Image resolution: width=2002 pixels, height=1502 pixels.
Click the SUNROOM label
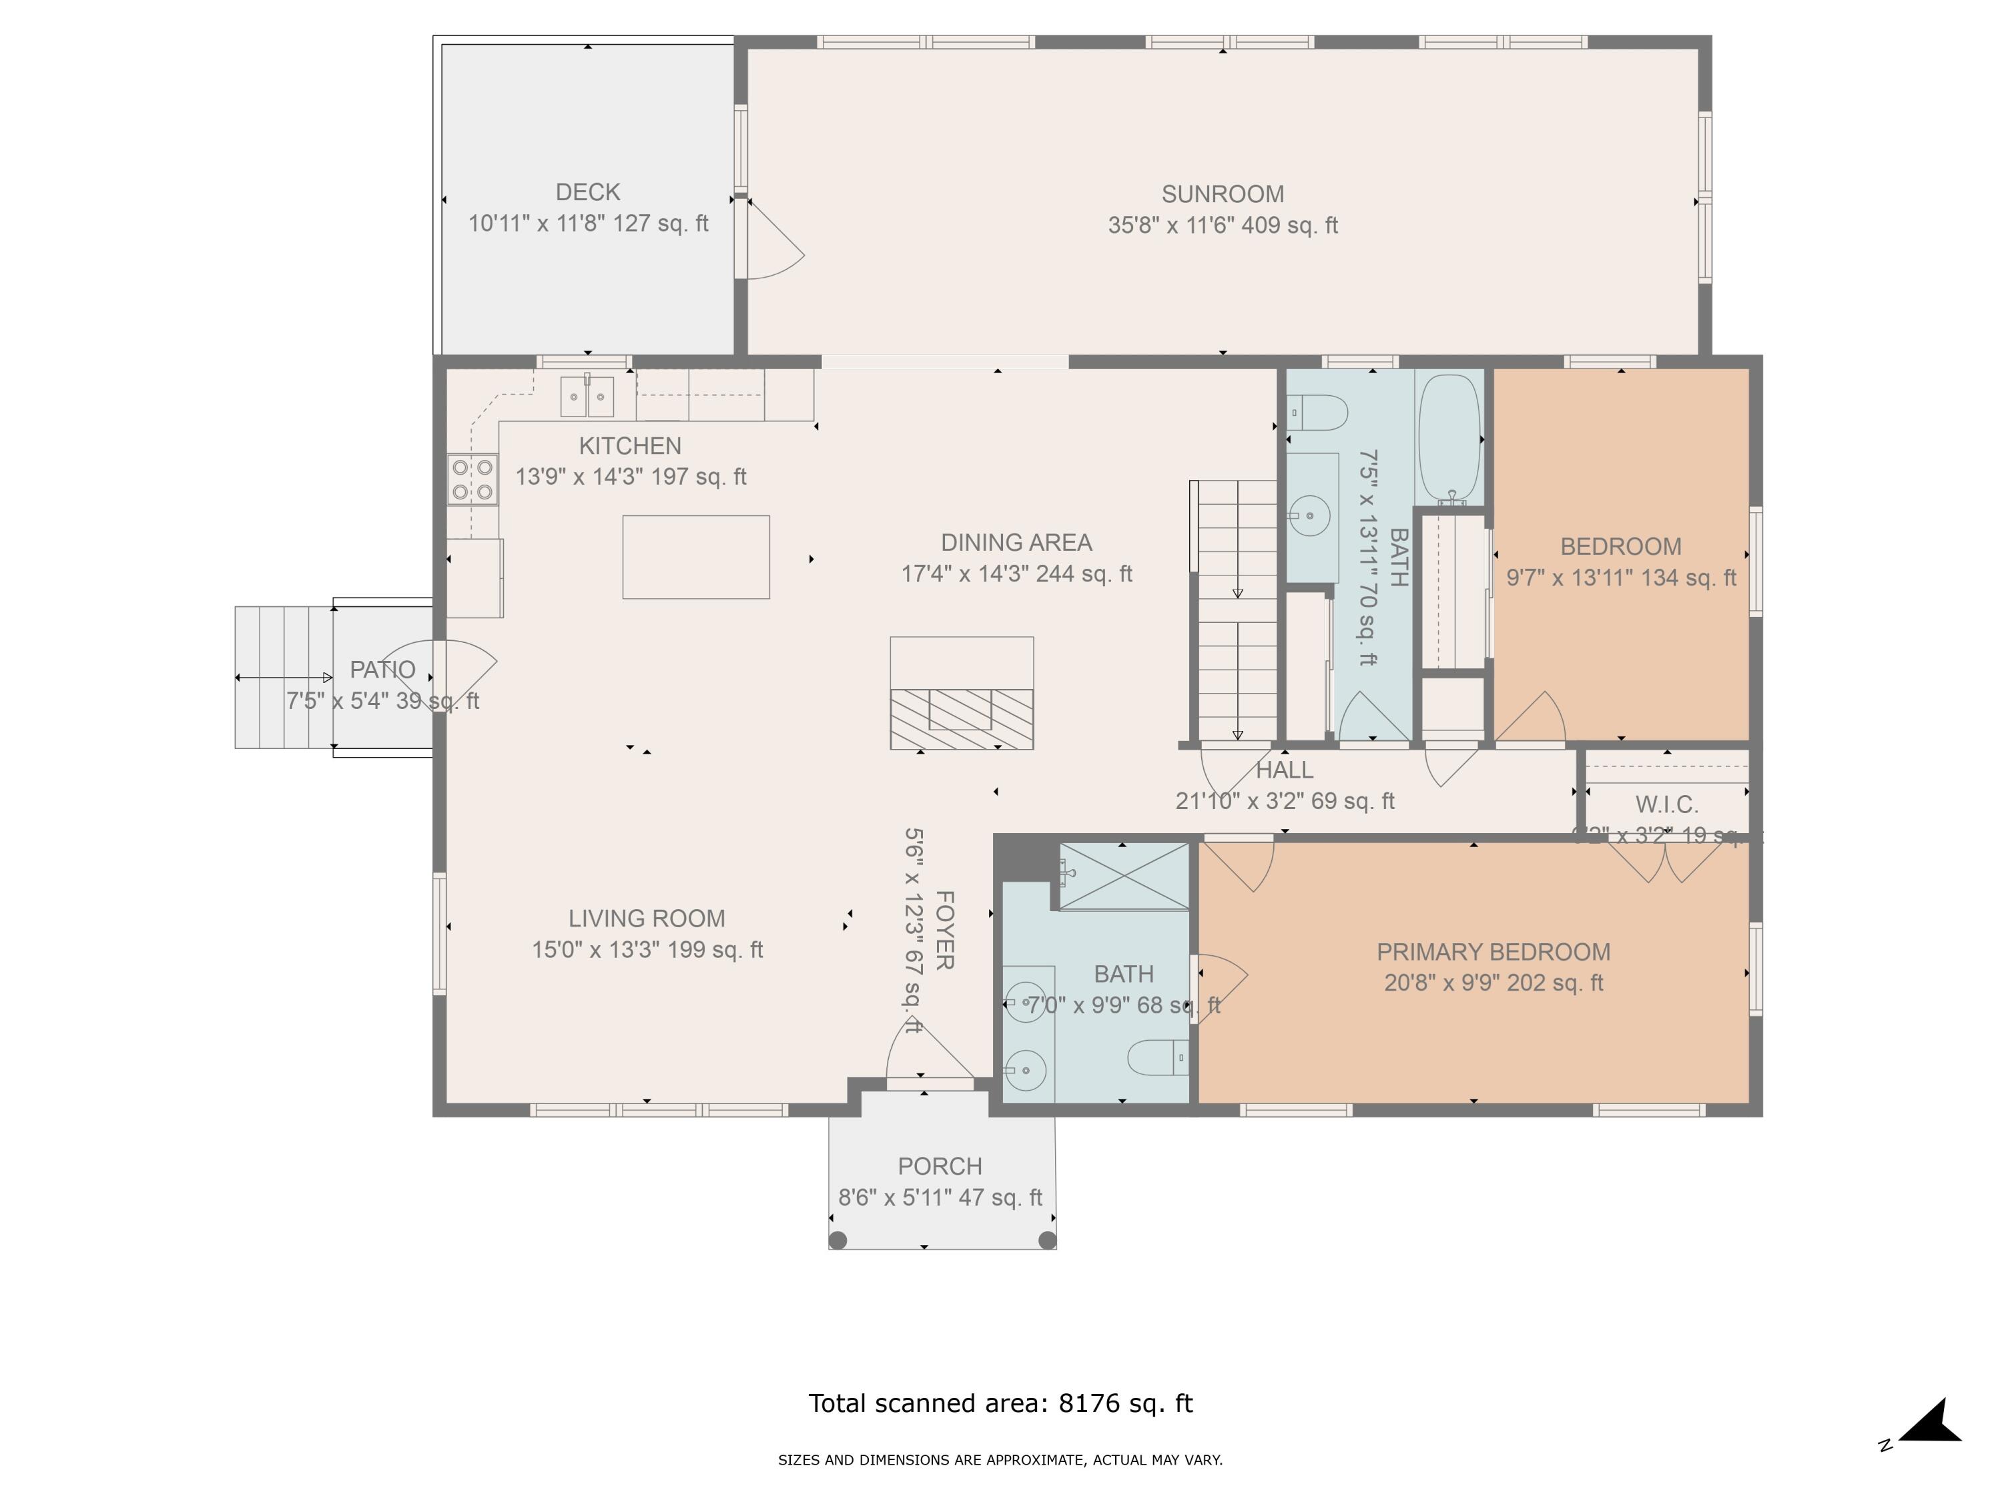tap(1222, 194)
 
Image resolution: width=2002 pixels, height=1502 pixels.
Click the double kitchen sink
tap(587, 396)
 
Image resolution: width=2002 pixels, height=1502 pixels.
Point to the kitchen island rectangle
tap(695, 557)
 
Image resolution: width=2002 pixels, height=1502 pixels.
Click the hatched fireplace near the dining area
tap(961, 719)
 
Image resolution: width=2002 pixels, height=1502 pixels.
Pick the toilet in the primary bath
tap(1156, 1057)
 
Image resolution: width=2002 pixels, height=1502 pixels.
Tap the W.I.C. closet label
tap(1666, 804)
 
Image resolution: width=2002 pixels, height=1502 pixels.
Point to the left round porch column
tap(838, 1240)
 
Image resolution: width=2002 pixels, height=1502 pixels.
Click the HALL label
tap(1285, 770)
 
